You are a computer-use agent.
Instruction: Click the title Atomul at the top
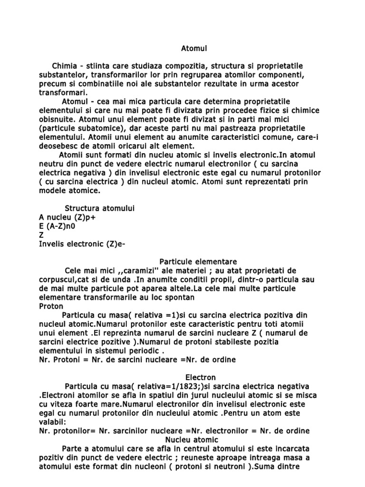coord(194,48)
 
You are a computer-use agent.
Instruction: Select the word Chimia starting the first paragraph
coord(67,65)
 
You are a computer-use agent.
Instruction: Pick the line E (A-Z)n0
coord(60,226)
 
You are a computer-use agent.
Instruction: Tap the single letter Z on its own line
coord(41,235)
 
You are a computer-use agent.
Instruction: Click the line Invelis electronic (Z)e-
coord(83,244)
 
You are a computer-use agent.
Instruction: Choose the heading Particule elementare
coord(198,262)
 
